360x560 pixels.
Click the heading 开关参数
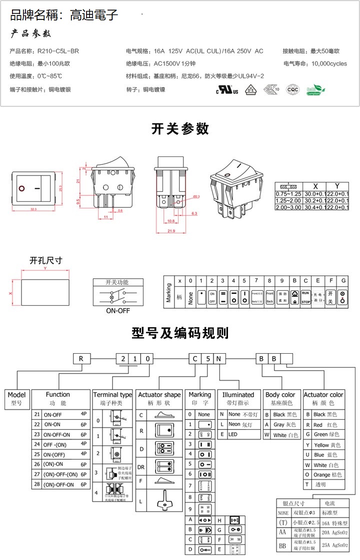pyautogui.click(x=180, y=129)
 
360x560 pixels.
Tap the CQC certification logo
pyautogui.click(x=292, y=89)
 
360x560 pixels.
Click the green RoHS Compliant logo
pyautogui.click(x=315, y=89)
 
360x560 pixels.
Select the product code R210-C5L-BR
pyautogui.click(x=58, y=51)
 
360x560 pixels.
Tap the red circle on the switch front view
pyautogui.click(x=22, y=189)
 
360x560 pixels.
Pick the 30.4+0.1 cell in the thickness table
pyautogui.click(x=315, y=207)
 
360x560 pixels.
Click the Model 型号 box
pyautogui.click(x=16, y=398)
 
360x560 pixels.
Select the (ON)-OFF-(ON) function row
pyautogui.click(x=60, y=474)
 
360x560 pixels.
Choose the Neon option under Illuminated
pyautogui.click(x=238, y=424)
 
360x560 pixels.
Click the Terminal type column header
pyautogui.click(x=112, y=398)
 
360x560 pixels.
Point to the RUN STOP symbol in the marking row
pyautogui.click(x=306, y=298)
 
